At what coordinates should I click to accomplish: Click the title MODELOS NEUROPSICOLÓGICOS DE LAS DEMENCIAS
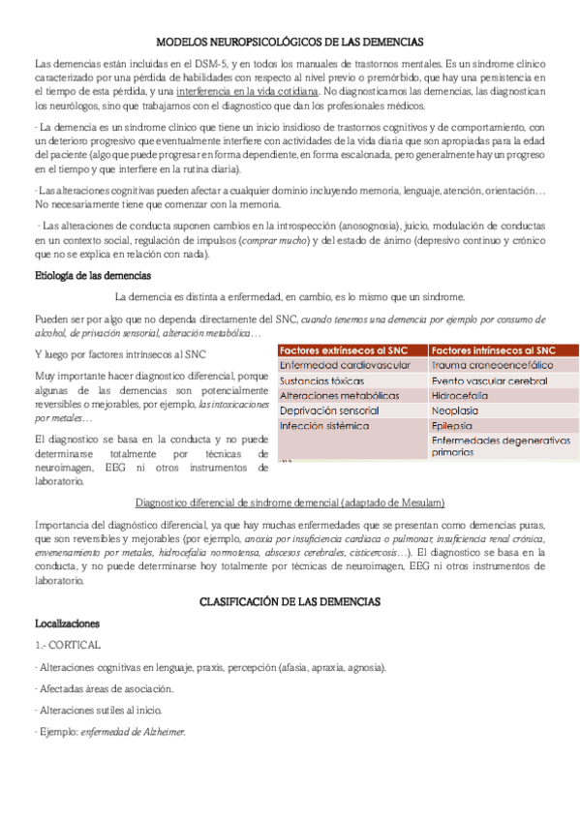pyautogui.click(x=290, y=43)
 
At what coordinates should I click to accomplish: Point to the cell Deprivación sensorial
pyautogui.click(x=328, y=410)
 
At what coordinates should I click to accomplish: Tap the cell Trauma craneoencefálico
pyautogui.click(x=493, y=365)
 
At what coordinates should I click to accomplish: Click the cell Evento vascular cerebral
pyautogui.click(x=490, y=380)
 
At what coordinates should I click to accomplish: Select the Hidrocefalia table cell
pyautogui.click(x=460, y=396)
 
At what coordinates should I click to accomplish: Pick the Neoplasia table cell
pyautogui.click(x=455, y=410)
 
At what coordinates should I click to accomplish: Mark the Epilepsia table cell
pyautogui.click(x=452, y=426)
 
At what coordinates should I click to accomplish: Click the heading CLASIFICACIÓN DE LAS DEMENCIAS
pyautogui.click(x=290, y=601)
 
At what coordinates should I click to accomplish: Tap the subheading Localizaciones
pyautogui.click(x=67, y=624)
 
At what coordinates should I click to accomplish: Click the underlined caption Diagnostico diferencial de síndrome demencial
pyautogui.click(x=290, y=502)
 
